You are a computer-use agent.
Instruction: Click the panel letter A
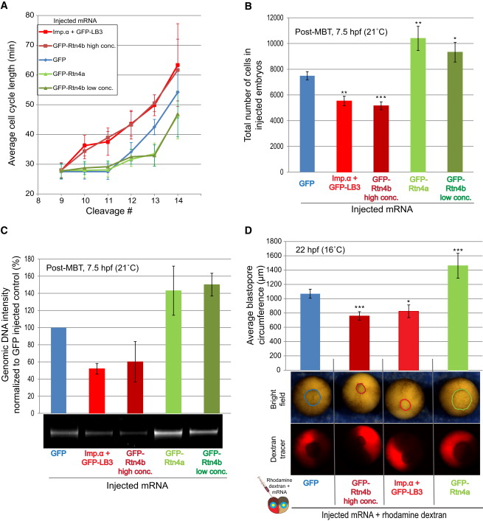click(x=7, y=7)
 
